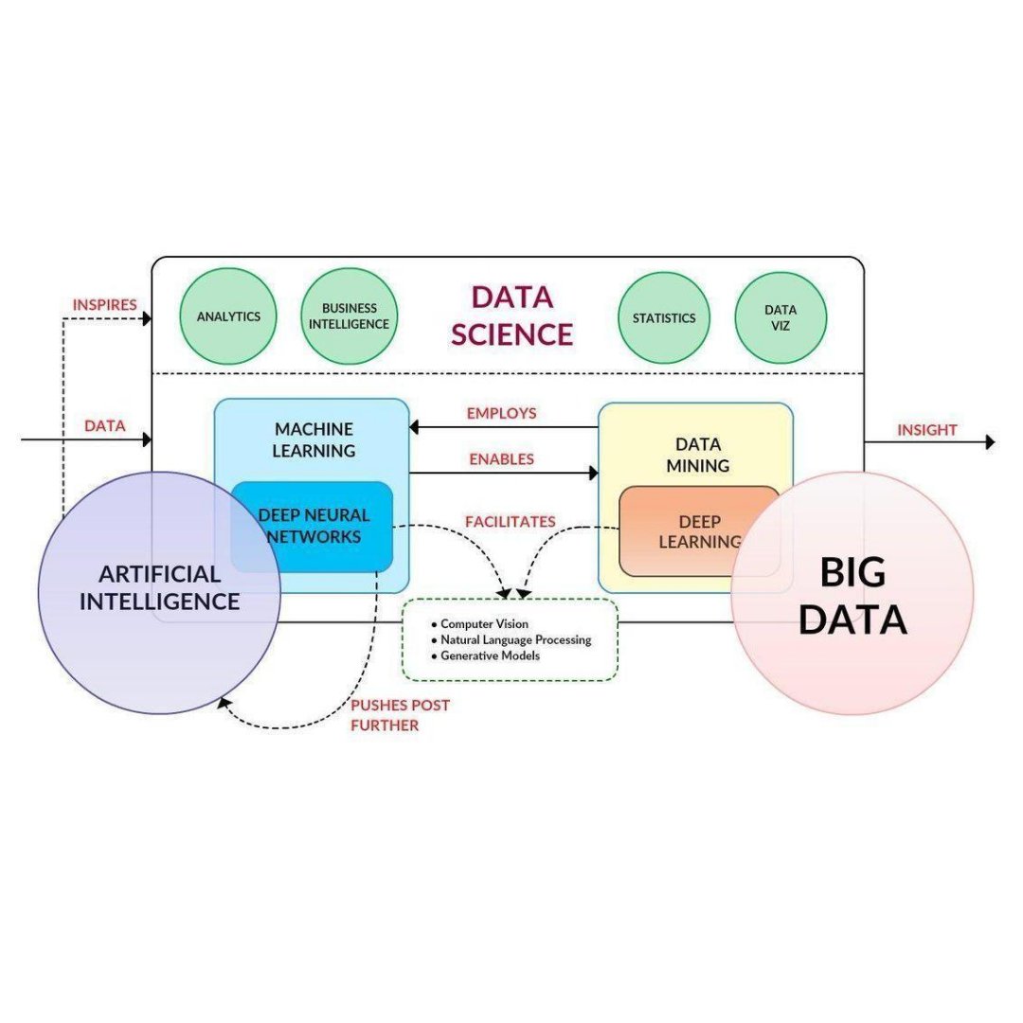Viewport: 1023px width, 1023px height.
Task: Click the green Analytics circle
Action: [228, 316]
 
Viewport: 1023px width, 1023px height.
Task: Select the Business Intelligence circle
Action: [350, 316]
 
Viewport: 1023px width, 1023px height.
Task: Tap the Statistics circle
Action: [664, 318]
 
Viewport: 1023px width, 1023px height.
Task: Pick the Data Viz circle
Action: [781, 317]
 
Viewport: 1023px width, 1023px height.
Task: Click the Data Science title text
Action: [511, 315]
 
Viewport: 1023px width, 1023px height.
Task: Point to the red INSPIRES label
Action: [104, 305]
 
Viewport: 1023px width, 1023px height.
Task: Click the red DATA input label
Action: [104, 426]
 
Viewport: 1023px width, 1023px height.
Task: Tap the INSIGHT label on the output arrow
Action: [927, 430]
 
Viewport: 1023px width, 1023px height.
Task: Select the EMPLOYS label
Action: [501, 413]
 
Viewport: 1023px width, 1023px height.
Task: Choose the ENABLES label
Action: [501, 459]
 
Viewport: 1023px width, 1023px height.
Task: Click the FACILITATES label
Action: [510, 522]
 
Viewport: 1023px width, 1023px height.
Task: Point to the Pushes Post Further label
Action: [400, 715]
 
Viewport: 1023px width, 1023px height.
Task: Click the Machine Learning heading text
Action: [314, 440]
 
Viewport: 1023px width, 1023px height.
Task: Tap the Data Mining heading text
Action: [698, 455]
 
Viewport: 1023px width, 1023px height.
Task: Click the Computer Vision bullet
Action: [483, 624]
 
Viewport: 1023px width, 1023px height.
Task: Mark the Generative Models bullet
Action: [489, 655]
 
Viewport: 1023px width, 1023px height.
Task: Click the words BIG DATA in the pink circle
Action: [852, 596]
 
